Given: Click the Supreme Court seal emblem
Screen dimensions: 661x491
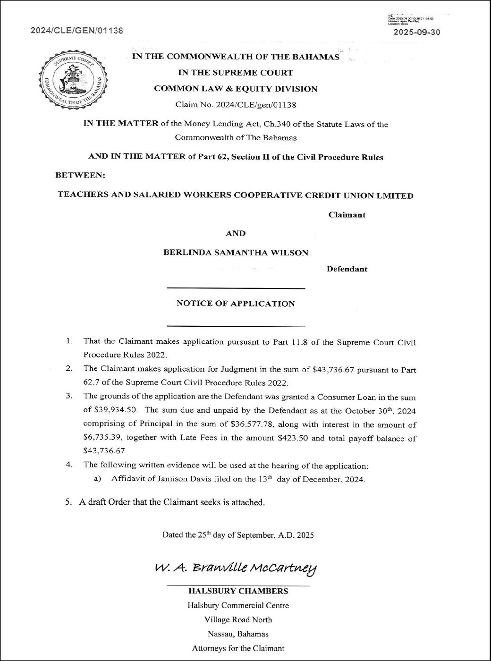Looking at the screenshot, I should pyautogui.click(x=74, y=82).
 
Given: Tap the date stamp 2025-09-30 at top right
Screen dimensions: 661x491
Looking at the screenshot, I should pyautogui.click(x=417, y=33).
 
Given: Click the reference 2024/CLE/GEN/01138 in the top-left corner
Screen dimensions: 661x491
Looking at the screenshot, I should pyautogui.click(x=76, y=31).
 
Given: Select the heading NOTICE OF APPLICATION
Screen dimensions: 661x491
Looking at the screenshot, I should pyautogui.click(x=236, y=304).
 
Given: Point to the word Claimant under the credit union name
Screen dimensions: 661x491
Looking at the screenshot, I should pyautogui.click(x=347, y=215).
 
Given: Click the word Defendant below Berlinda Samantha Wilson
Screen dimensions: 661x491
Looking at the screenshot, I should pyautogui.click(x=347, y=269).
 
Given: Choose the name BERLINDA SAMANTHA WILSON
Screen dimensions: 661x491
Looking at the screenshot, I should pyautogui.click(x=236, y=253).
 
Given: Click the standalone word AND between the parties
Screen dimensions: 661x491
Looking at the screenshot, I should pyautogui.click(x=236, y=233).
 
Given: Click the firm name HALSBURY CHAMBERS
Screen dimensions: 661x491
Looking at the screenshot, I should pyautogui.click(x=238, y=591).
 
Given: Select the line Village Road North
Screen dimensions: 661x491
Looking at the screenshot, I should pyautogui.click(x=238, y=619).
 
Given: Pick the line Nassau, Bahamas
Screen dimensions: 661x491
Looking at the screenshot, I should pyautogui.click(x=238, y=634).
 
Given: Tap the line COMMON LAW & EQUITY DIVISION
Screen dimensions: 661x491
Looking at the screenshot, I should pyautogui.click(x=236, y=89).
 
